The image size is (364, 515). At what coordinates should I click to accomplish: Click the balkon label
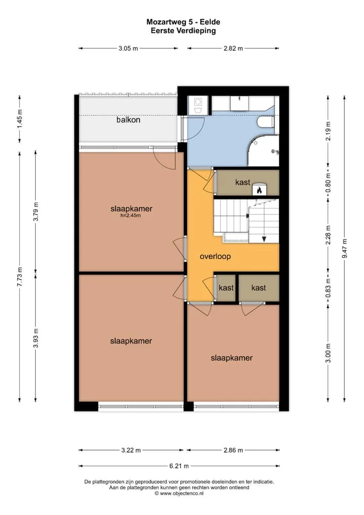point(128,120)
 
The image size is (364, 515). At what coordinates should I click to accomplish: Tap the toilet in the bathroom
point(266,122)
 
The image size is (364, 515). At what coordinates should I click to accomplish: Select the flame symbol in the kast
point(259,190)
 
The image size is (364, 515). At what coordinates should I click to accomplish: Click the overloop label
point(215,256)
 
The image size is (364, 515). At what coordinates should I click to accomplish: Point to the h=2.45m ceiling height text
point(130,216)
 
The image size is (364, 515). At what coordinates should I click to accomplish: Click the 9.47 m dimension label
point(345,248)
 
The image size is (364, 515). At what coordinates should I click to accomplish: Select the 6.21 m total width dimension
point(179,466)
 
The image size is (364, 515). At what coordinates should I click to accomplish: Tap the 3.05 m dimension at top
point(128,48)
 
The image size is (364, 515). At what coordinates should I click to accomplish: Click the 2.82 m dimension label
point(234,48)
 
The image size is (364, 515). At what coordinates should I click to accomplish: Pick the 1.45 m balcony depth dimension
point(20,118)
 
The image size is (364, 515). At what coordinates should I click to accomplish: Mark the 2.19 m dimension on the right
point(328,131)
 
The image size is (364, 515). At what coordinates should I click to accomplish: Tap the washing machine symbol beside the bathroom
point(198,105)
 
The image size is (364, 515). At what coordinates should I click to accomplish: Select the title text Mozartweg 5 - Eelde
point(183,22)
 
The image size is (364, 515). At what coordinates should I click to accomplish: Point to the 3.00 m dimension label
point(328,353)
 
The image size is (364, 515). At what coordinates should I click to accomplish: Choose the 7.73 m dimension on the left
point(20,277)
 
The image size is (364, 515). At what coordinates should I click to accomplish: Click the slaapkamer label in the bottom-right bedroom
point(232,358)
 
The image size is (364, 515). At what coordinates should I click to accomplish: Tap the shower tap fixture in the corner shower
point(275,152)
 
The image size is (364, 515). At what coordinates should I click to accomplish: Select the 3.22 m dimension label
point(131,450)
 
